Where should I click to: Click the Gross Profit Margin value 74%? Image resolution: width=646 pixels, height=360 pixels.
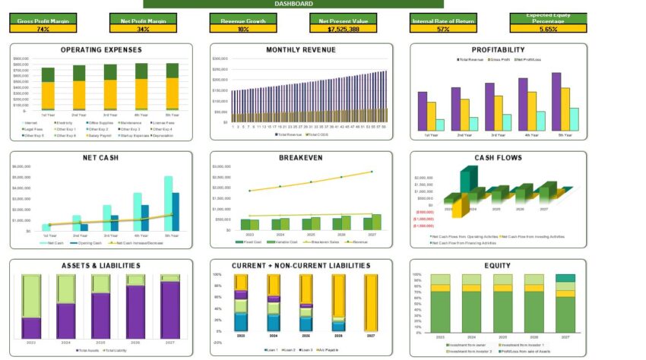click(43, 29)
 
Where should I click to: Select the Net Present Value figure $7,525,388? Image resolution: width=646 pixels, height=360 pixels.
click(343, 29)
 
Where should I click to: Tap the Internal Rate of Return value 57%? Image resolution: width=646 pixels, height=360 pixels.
click(442, 29)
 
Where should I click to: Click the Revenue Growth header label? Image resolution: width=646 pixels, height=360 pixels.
click(243, 21)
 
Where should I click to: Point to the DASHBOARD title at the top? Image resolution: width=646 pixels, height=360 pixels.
click(293, 4)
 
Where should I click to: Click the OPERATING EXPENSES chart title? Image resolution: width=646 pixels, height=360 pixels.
click(101, 50)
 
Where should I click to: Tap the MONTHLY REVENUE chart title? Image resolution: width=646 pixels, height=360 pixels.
click(301, 50)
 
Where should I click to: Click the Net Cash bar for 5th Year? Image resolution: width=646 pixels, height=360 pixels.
click(168, 203)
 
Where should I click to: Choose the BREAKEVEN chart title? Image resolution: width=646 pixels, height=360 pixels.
click(301, 158)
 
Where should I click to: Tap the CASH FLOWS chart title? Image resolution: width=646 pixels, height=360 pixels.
click(498, 158)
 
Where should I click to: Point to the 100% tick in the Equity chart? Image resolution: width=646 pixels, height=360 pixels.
click(416, 274)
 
